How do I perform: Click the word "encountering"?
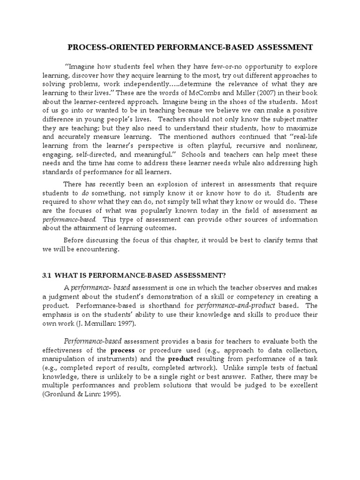point(99,249)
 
